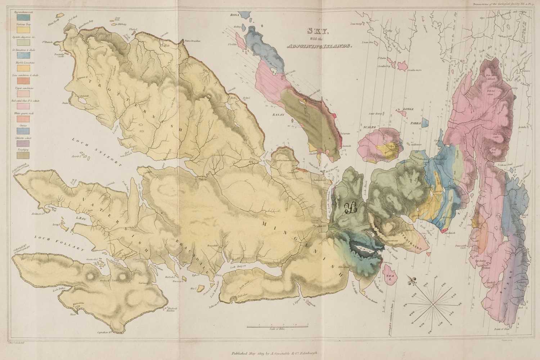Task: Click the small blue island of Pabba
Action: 425,123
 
